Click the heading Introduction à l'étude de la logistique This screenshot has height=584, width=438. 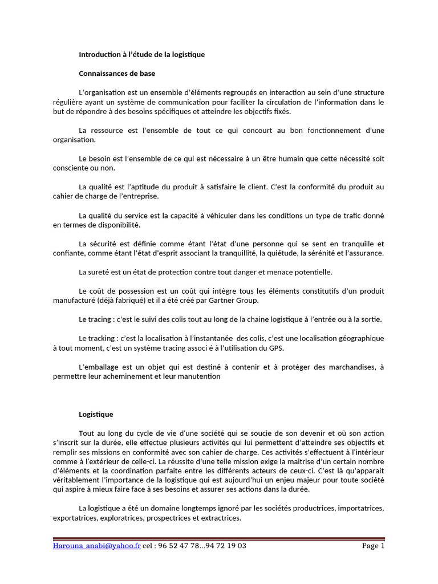141,55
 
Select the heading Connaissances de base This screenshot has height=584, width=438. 117,74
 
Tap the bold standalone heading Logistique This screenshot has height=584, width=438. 96,414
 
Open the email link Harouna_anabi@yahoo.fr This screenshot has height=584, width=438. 96,546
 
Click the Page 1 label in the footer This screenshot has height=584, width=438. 374,546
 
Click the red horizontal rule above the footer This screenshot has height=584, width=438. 219,538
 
